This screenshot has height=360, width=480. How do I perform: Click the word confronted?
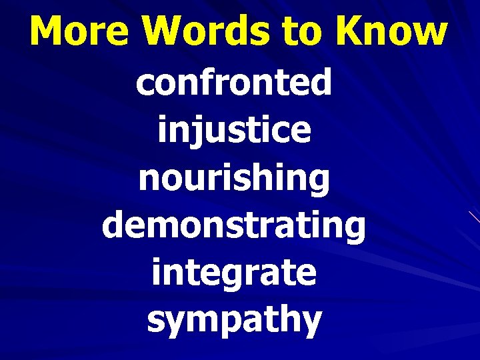[234, 83]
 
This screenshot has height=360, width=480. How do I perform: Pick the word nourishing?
[234, 179]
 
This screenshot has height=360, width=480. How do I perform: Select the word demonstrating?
[234, 227]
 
